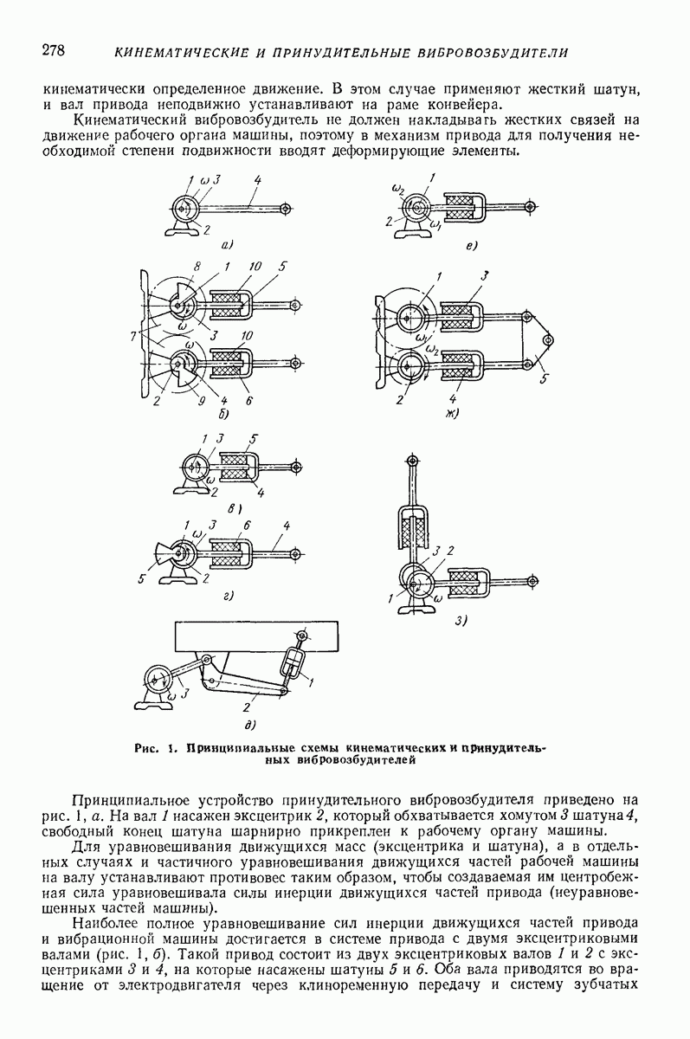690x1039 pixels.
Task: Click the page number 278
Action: [54, 50]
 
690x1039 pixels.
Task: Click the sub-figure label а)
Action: [227, 244]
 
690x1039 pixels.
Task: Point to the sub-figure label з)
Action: [460, 621]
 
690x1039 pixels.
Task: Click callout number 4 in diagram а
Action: [257, 180]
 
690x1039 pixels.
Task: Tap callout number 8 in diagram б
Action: [197, 268]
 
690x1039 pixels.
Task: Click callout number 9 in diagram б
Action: [201, 400]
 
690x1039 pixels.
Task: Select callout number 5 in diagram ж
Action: [544, 379]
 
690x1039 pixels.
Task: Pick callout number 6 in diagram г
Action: [247, 525]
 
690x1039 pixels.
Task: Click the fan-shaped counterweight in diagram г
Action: [163, 554]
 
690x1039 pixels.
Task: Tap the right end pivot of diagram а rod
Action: [287, 209]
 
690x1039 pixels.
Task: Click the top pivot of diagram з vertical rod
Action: [411, 461]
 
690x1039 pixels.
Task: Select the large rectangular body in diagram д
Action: [256, 637]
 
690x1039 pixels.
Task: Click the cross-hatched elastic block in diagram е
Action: [460, 206]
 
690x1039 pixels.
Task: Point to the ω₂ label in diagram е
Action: [397, 189]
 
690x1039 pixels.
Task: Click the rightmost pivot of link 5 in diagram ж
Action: [549, 340]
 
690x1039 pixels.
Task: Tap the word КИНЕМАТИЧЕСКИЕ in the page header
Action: [181, 53]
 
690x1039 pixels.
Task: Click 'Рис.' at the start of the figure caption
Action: [145, 748]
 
